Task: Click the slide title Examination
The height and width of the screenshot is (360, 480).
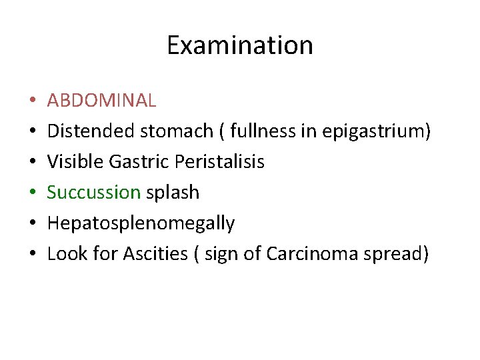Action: tap(239, 46)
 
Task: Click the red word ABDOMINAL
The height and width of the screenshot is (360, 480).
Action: tap(102, 101)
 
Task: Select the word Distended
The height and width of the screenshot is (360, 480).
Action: tap(91, 131)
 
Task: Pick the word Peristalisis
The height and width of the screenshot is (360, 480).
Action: tap(217, 162)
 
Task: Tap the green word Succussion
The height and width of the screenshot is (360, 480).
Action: tap(94, 193)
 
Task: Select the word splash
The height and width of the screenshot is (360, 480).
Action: tap(173, 193)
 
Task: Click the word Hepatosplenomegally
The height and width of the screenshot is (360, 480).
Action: tap(141, 223)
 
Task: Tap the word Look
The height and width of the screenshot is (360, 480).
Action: tap(64, 254)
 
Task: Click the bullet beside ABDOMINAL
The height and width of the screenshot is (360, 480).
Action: tap(31, 101)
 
